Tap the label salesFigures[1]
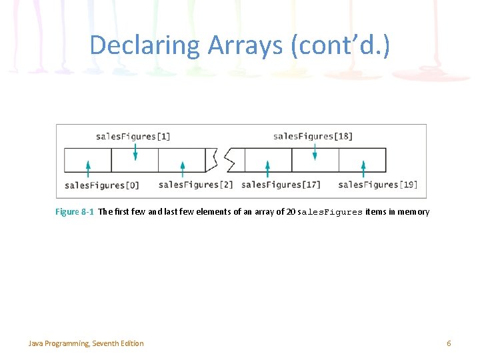[133, 137]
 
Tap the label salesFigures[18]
[313, 137]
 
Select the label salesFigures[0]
[102, 185]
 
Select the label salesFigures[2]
[196, 185]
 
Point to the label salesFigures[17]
[281, 185]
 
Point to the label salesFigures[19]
[377, 185]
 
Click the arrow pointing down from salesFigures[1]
[135, 151]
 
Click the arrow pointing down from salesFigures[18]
[315, 151]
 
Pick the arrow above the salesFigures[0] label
[88, 169]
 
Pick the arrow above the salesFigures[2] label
[183, 169]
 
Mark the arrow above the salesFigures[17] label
[267, 169]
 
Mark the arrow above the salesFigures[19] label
[363, 169]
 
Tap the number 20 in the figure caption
[291, 212]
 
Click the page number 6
[449, 343]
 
